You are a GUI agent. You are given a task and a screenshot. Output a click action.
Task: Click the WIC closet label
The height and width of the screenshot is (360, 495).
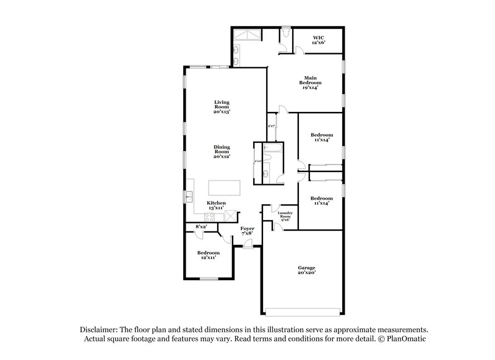(x=319, y=40)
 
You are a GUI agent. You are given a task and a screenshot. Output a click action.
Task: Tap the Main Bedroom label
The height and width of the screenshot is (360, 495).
(x=309, y=82)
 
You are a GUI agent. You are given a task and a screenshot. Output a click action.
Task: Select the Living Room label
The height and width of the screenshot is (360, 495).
(x=222, y=106)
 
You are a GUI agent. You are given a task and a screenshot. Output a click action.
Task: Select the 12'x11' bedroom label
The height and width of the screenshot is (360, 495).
(x=209, y=255)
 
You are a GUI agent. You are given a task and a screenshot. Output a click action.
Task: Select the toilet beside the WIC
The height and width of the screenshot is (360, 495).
(x=285, y=32)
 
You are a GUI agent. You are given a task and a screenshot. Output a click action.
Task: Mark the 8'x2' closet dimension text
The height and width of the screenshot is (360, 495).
(x=201, y=228)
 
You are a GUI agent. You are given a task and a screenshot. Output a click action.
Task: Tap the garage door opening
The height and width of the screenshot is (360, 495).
(x=303, y=310)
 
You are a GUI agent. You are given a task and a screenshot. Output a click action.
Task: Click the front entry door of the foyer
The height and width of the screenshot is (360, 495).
(x=247, y=247)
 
